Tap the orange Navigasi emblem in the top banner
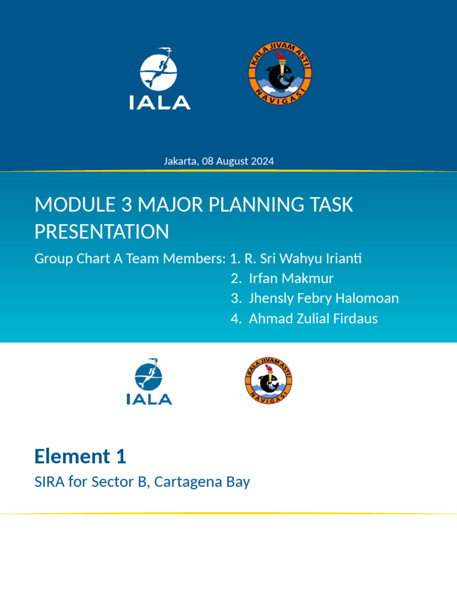(x=280, y=74)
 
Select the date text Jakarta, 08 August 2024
(x=219, y=161)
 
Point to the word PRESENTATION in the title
(x=102, y=232)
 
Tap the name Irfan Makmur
(x=291, y=278)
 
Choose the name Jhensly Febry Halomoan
(x=324, y=298)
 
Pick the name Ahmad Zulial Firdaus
(x=313, y=318)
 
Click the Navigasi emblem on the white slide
(x=268, y=381)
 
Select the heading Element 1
(x=80, y=457)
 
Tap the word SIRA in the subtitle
(x=49, y=482)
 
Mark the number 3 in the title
(x=126, y=205)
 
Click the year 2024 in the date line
(x=264, y=161)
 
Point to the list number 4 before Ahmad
(x=234, y=319)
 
